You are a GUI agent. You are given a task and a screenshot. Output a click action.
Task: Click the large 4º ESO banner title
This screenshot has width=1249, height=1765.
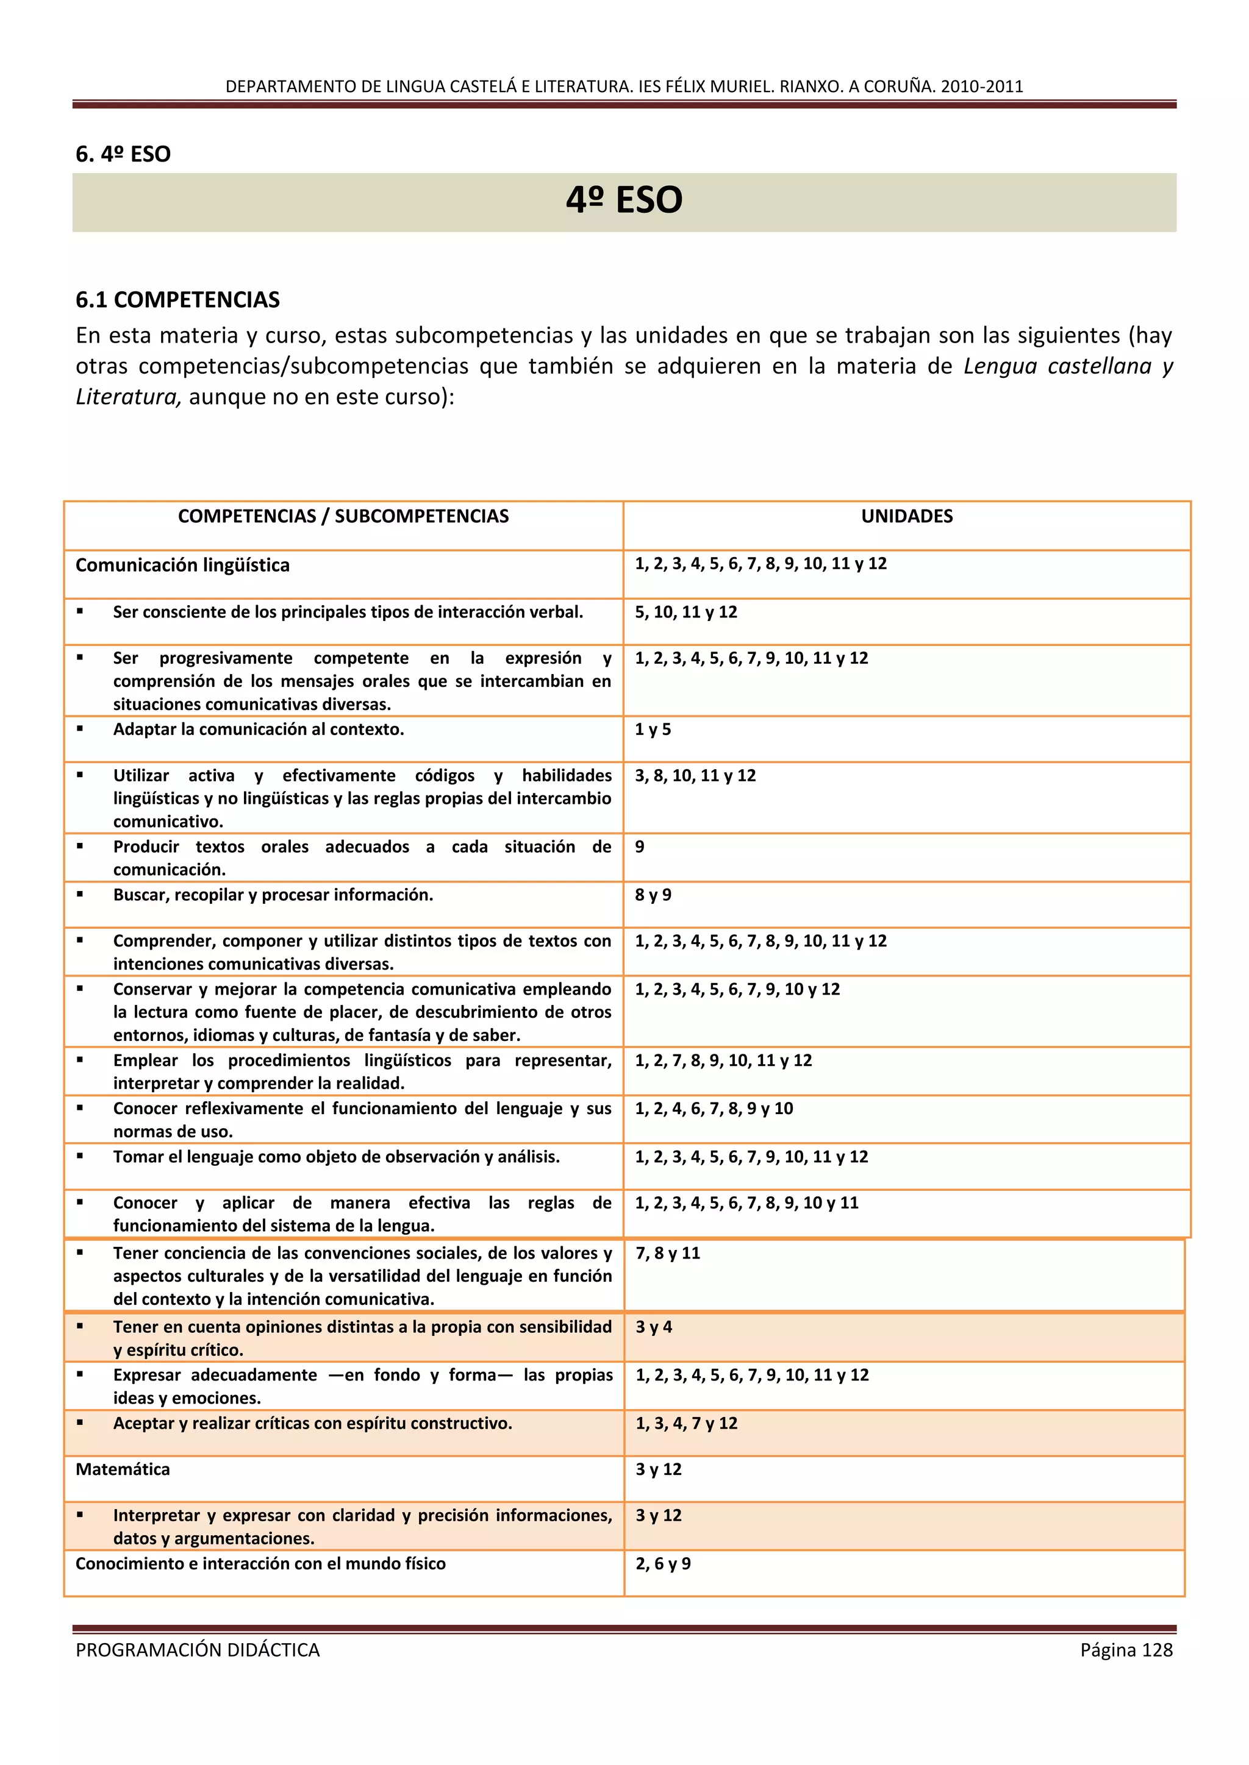(624, 201)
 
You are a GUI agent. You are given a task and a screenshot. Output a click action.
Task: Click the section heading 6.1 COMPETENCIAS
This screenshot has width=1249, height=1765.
(177, 300)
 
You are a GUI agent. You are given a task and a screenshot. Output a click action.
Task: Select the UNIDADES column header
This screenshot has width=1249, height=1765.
(906, 517)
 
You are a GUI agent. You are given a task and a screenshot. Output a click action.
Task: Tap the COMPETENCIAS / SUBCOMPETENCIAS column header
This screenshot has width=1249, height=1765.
(343, 517)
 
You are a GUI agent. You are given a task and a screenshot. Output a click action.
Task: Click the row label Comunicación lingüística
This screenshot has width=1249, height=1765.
(182, 565)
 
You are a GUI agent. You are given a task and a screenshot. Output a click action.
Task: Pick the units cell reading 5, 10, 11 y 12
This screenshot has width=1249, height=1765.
(685, 612)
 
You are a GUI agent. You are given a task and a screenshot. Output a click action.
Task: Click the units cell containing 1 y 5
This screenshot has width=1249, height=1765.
(653, 730)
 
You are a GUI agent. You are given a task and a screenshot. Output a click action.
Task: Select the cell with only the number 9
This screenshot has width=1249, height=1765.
(640, 847)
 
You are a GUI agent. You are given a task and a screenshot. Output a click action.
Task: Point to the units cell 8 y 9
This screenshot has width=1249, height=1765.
(653, 895)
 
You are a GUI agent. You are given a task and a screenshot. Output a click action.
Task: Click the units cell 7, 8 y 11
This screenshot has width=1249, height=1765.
(668, 1253)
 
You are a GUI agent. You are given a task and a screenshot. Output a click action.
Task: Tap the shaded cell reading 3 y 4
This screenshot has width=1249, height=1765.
(654, 1327)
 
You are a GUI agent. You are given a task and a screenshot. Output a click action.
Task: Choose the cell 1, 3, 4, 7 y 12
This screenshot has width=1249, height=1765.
(686, 1423)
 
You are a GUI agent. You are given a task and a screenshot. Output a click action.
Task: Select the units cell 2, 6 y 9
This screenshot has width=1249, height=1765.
(663, 1564)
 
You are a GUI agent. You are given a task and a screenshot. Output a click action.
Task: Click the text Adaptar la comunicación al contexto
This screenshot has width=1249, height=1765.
(259, 730)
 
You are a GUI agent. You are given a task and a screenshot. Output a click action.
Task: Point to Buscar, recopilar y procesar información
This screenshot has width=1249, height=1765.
(273, 895)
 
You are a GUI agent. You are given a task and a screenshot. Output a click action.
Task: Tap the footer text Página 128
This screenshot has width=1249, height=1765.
(1126, 1650)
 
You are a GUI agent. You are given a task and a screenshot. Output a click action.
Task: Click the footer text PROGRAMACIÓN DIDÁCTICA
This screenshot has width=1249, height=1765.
(198, 1650)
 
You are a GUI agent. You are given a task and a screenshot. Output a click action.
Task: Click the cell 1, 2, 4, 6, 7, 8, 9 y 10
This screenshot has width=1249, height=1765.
(714, 1109)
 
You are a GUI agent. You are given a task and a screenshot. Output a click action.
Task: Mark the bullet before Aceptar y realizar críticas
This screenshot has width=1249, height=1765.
(80, 1423)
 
